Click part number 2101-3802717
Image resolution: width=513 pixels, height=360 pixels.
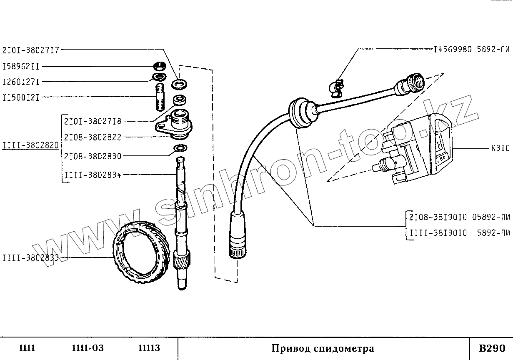click(x=31, y=50)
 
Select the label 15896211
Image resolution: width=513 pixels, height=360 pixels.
click(x=21, y=66)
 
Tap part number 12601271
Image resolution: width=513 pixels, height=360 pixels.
click(x=21, y=82)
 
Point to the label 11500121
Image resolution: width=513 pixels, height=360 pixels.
click(x=21, y=98)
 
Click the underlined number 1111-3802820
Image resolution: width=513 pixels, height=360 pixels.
click(x=30, y=145)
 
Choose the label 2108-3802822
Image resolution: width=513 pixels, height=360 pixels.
click(x=93, y=137)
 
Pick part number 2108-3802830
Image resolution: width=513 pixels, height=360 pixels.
click(x=93, y=156)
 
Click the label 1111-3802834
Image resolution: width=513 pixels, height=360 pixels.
click(x=93, y=175)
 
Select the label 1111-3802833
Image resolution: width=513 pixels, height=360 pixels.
click(x=30, y=258)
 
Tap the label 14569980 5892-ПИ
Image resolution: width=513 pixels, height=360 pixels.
click(x=471, y=50)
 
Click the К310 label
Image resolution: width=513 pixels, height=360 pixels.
click(x=500, y=149)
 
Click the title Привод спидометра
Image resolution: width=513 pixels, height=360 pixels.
click(x=323, y=348)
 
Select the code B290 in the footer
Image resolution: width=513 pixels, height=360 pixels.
click(x=492, y=348)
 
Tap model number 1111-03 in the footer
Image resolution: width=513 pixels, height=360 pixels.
click(x=88, y=348)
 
